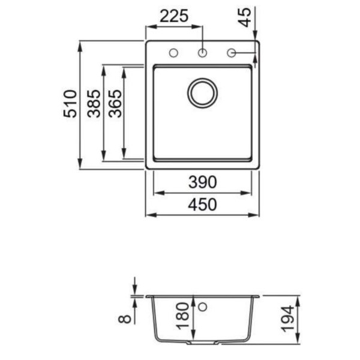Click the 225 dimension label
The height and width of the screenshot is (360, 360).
point(174,16)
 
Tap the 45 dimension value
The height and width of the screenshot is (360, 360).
point(245,17)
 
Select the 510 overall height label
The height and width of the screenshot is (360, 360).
point(70,104)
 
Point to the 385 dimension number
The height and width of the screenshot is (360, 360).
point(94,104)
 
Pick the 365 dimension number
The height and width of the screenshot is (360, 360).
point(115,104)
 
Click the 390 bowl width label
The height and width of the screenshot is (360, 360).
point(203,182)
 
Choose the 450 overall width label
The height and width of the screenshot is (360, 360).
point(202,205)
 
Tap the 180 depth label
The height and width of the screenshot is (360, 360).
point(184,316)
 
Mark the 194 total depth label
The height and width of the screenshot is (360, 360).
point(287,319)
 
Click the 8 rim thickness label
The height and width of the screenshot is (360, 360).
point(125,319)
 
